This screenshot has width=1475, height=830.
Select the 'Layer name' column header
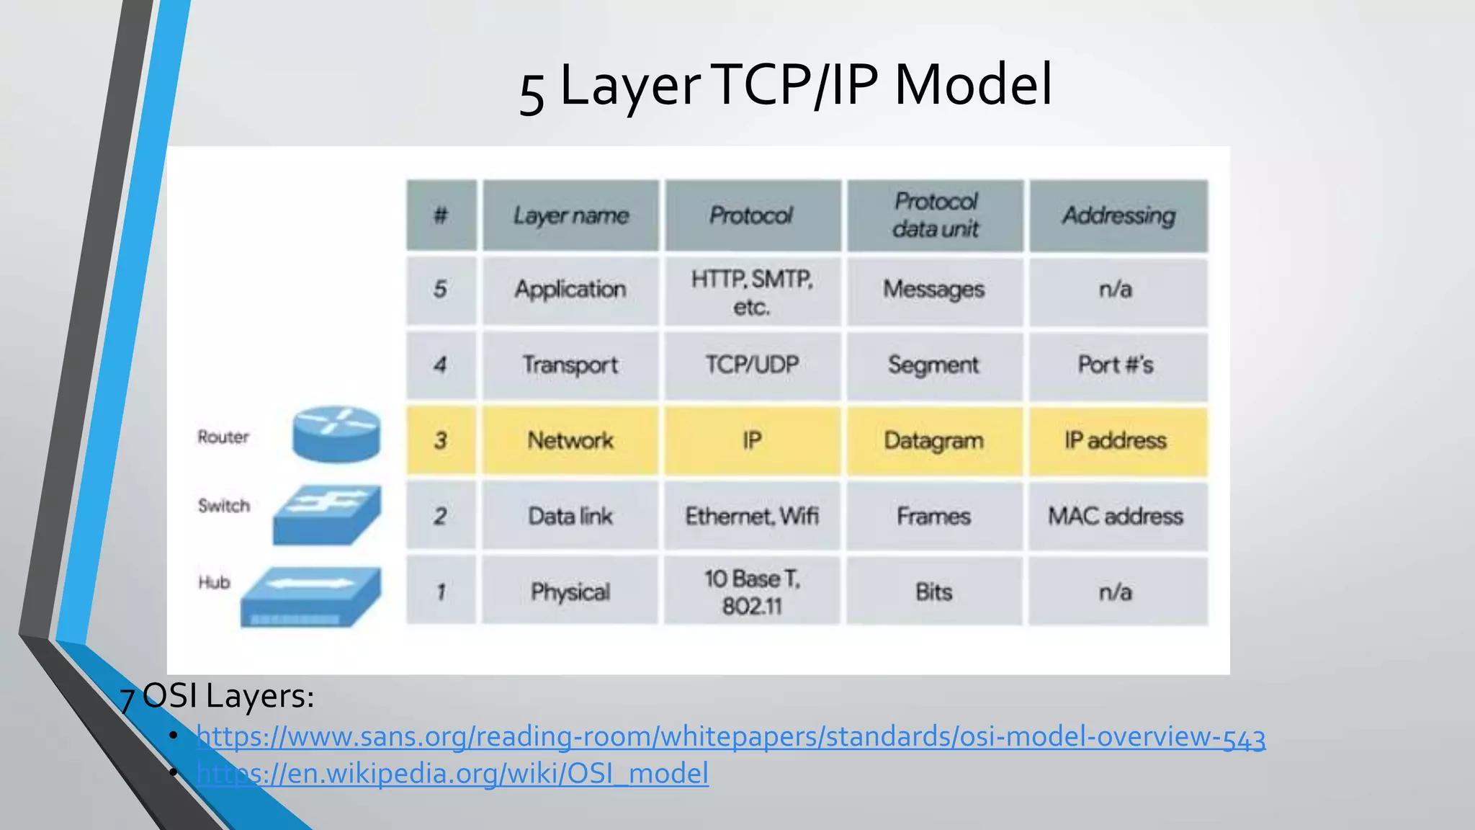(571, 215)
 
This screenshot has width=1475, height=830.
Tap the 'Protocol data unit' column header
(936, 215)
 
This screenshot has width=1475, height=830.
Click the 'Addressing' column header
(1118, 215)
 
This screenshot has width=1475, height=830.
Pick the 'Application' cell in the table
(570, 290)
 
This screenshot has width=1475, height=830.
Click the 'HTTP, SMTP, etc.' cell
(752, 292)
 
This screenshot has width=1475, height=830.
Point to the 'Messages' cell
(934, 290)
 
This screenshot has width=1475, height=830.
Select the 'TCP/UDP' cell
(752, 365)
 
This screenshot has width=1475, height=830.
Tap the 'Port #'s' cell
(1116, 365)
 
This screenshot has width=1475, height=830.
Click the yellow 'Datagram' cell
(934, 441)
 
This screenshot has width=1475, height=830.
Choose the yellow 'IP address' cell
(1116, 441)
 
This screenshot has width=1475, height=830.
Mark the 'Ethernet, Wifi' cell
(752, 517)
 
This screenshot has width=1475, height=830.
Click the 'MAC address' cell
(1116, 517)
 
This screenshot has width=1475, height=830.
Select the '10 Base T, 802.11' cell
(752, 592)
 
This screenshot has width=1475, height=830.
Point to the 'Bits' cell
(934, 592)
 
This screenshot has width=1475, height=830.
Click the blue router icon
(336, 434)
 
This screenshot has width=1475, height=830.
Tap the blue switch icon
(328, 514)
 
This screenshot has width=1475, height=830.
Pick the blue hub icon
(311, 597)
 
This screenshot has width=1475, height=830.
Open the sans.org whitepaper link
(730, 737)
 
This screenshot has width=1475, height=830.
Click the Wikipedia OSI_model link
(452, 774)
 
